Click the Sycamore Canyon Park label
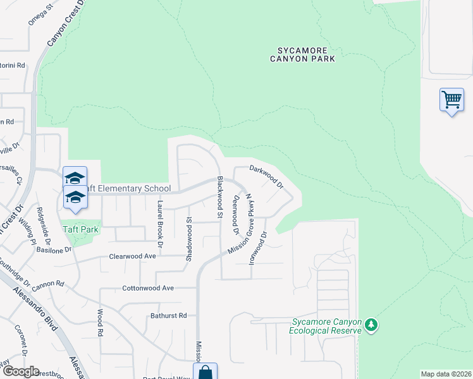pyautogui.click(x=306, y=54)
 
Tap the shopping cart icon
pyautogui.click(x=451, y=100)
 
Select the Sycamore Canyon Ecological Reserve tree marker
pyautogui.click(x=371, y=325)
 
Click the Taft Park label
pyautogui.click(x=80, y=229)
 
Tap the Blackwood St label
pyautogui.click(x=219, y=197)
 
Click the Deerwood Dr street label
pyautogui.click(x=235, y=214)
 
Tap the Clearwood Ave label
pyautogui.click(x=132, y=256)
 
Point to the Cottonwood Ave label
pyautogui.click(x=147, y=288)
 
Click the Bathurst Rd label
pyautogui.click(x=169, y=315)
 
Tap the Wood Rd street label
pyautogui.click(x=99, y=322)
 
